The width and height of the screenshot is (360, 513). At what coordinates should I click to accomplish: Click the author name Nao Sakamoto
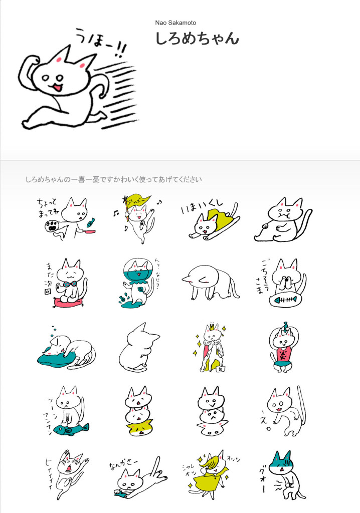pos(175,23)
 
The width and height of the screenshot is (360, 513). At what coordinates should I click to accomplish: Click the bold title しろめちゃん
pos(197,39)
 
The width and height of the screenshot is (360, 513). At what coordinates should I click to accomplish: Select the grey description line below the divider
pos(113,179)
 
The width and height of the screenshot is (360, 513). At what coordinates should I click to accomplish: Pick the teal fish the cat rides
pos(70,428)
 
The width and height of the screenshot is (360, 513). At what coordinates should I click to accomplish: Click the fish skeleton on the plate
pos(283,301)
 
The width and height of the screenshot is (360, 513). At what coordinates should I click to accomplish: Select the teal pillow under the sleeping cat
pos(56,357)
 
